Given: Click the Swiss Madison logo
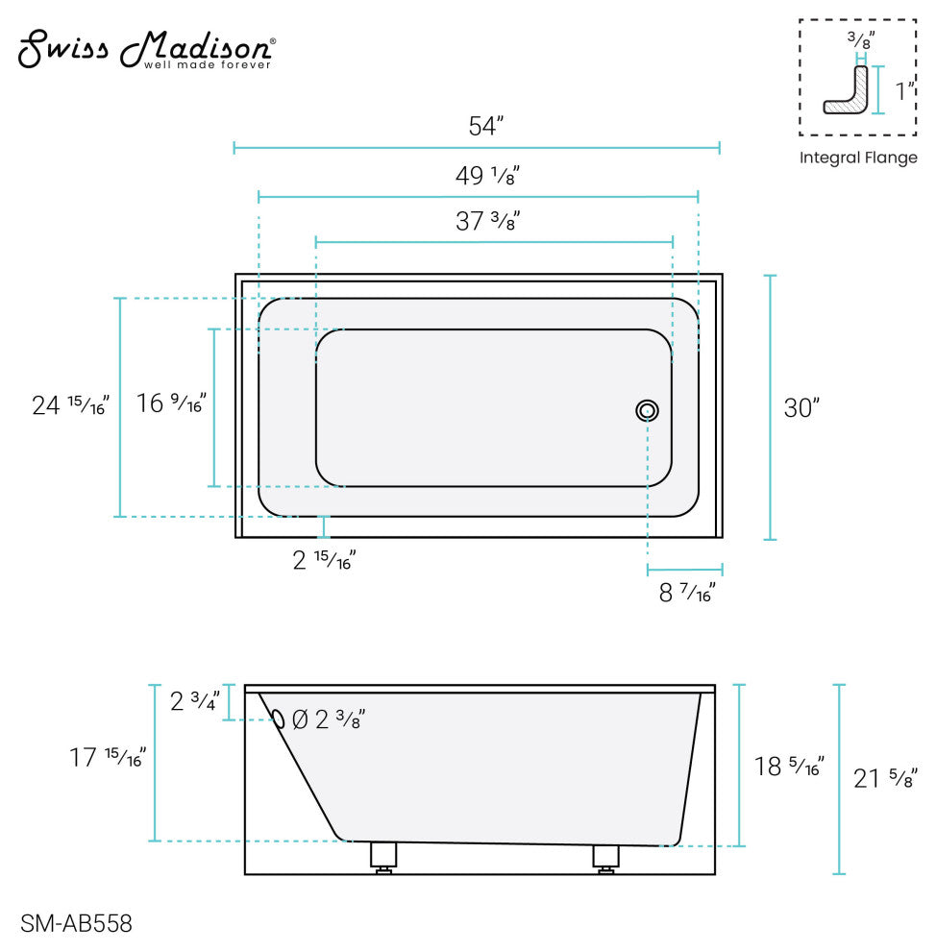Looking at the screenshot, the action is coord(147,49).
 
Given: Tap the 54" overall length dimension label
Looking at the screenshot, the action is coord(486,126).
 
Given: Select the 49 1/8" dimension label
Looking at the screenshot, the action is coord(488,175).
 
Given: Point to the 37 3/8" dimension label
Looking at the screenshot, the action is coord(488,221).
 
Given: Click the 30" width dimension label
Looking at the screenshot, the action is coord(801,407).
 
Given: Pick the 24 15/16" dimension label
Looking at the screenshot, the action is coord(70,404).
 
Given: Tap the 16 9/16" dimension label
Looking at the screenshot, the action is coord(171,402).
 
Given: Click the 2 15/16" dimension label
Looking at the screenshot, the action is coord(324,560).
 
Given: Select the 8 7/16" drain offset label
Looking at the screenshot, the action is coord(687,592).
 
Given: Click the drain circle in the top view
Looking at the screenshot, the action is coord(648,410).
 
